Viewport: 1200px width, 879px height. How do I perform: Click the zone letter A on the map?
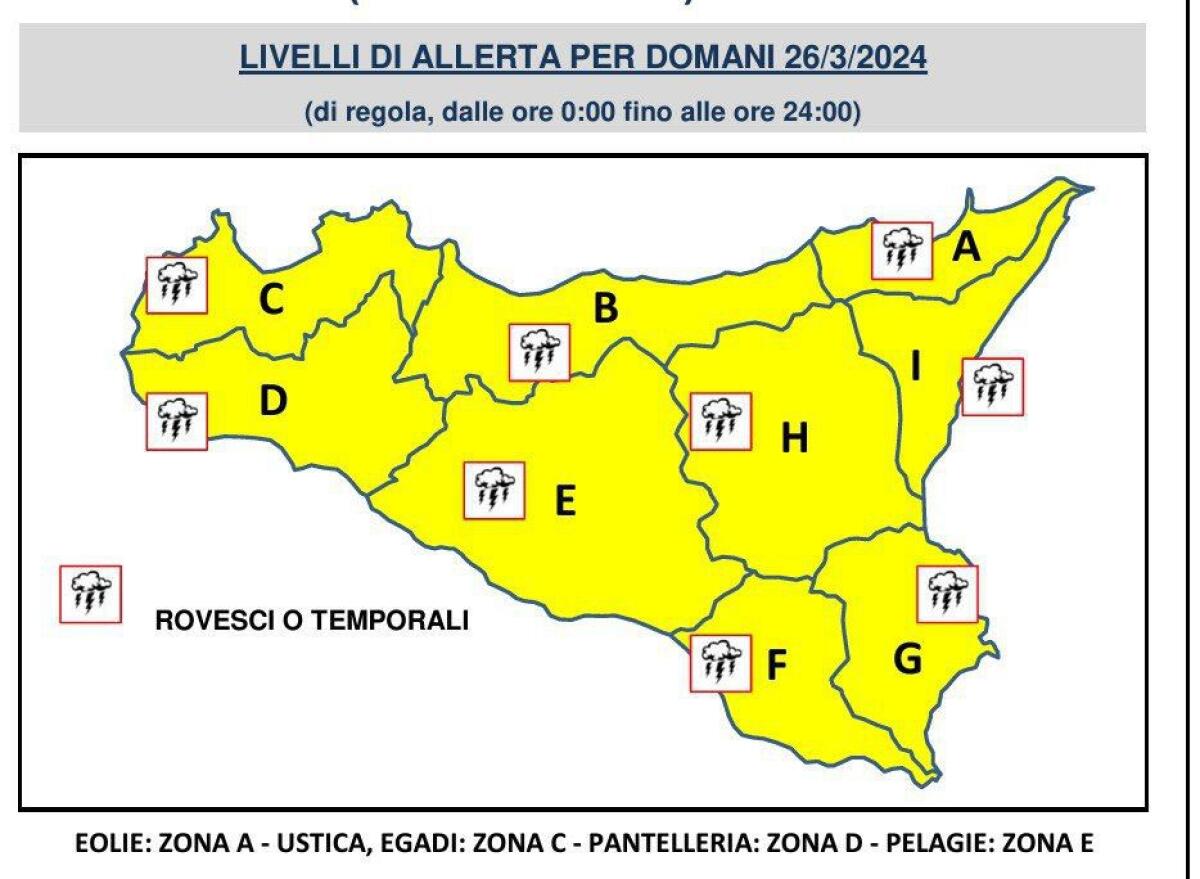(x=965, y=246)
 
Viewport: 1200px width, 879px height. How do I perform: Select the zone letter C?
(x=271, y=298)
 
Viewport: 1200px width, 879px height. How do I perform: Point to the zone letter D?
(x=273, y=401)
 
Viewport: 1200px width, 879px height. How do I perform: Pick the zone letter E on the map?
(x=565, y=501)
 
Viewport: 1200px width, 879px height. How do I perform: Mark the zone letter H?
(x=793, y=437)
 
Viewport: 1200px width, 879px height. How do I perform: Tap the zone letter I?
(x=915, y=369)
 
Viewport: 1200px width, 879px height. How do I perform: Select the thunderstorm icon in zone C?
(x=177, y=285)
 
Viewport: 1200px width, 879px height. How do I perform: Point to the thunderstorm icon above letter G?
(x=947, y=593)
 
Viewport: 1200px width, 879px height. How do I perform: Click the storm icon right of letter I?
(x=993, y=386)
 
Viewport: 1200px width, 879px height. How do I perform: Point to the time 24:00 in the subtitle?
(x=822, y=113)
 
